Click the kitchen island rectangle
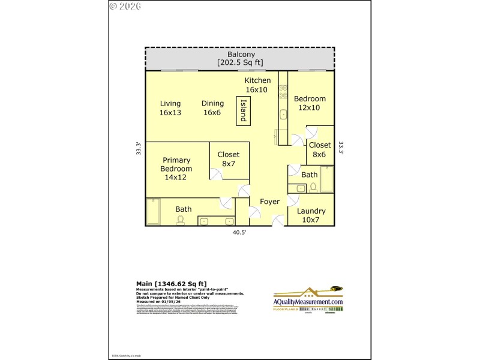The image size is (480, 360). [243, 110]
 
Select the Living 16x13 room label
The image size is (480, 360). [170, 108]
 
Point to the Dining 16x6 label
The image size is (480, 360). [212, 108]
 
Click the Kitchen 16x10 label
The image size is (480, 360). [257, 85]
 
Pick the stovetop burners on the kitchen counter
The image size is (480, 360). [282, 92]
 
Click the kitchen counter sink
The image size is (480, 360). [283, 113]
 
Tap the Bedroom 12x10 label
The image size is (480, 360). [310, 103]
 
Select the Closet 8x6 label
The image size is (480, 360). [320, 149]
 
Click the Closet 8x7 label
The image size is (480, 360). [228, 159]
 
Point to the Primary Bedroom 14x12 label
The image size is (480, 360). [176, 169]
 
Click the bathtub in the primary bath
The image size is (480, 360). [153, 211]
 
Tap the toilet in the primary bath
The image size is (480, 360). [181, 220]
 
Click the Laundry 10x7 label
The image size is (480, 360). [311, 215]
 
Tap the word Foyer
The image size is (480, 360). [269, 202]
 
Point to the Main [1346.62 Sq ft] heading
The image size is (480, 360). [172, 283]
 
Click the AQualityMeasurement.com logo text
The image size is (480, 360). [308, 302]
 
